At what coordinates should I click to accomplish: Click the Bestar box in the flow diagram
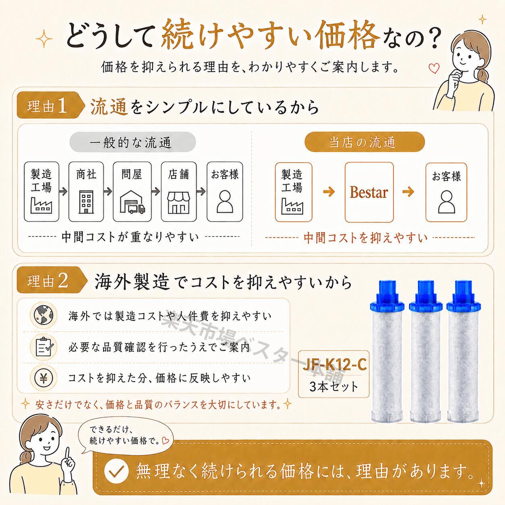(x=369, y=192)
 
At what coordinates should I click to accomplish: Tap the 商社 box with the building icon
(x=86, y=192)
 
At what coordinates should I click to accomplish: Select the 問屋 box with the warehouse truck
(x=132, y=192)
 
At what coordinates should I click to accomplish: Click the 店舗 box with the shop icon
(x=179, y=192)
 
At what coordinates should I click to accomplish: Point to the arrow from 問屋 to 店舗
(x=156, y=192)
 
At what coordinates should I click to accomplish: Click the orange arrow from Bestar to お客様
(x=408, y=192)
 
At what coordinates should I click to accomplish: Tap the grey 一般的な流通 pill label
(x=132, y=142)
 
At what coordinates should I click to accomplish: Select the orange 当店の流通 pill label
(x=364, y=142)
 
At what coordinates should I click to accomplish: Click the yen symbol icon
(x=43, y=378)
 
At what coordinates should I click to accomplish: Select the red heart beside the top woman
(x=434, y=68)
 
